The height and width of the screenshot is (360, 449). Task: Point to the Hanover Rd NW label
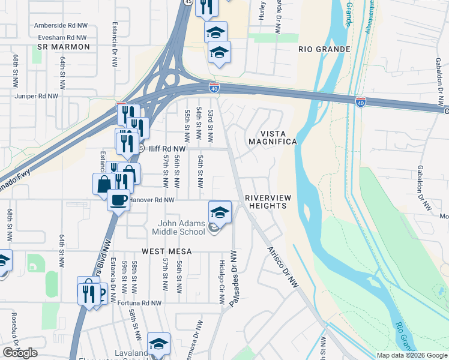pos(152,200)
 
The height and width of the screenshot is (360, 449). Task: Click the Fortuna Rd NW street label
pos(142,304)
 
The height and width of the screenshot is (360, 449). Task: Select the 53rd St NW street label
pos(211,125)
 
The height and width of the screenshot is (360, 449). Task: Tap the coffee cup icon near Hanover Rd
pos(118,199)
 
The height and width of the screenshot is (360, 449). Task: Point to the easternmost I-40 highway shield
pos(360,103)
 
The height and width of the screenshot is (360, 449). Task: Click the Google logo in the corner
pos(20,353)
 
